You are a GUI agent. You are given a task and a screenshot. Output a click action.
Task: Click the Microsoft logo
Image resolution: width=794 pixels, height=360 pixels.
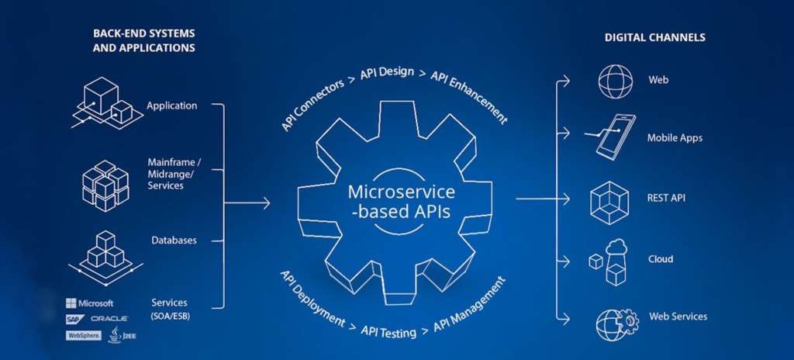point(90,303)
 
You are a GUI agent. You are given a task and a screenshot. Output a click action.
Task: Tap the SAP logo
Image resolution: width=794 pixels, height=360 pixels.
point(75,319)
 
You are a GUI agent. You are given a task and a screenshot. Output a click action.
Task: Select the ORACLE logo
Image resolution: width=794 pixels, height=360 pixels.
point(109,319)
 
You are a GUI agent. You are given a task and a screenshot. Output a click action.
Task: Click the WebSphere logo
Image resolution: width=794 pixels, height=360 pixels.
point(84,335)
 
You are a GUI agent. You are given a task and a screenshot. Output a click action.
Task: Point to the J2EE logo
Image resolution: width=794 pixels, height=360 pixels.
point(115,334)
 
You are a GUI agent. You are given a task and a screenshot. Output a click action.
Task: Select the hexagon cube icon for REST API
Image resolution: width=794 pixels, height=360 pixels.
point(609,198)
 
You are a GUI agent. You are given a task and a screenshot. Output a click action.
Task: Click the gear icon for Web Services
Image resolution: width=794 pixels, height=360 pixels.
point(616,321)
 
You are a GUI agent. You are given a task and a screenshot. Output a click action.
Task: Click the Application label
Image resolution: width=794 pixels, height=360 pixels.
point(171,106)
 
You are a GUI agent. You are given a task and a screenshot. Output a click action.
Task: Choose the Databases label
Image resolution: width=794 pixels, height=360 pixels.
point(174,241)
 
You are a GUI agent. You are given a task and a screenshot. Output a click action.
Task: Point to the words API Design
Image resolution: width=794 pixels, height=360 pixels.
point(388,78)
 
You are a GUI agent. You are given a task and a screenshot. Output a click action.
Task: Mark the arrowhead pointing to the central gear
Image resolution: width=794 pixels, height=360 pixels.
point(267,203)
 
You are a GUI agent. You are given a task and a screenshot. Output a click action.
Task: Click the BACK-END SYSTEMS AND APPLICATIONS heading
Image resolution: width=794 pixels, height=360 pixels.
point(143,41)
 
